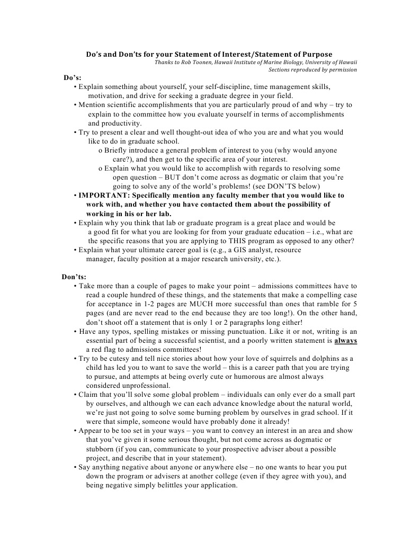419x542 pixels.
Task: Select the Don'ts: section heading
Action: tap(74, 277)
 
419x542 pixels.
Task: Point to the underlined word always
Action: tap(345, 341)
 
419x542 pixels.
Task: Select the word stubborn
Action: tap(100, 449)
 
